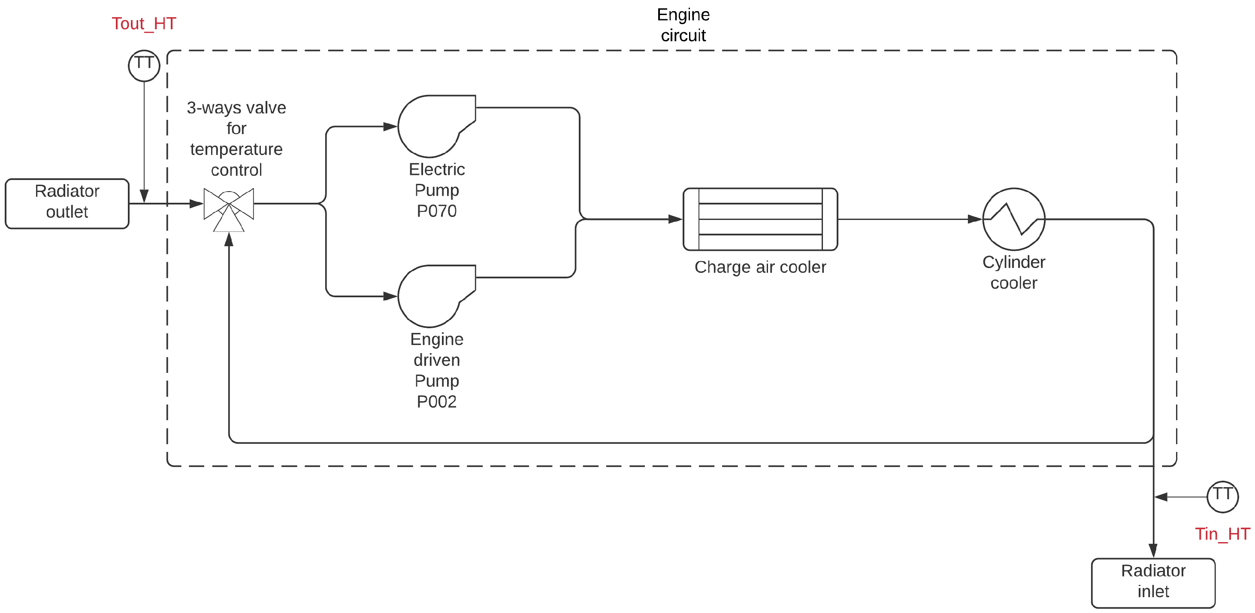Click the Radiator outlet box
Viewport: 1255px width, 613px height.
coord(67,203)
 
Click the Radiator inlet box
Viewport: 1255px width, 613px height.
coord(1153,583)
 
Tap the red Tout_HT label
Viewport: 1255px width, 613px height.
coord(144,23)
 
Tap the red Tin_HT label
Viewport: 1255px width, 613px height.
coord(1222,534)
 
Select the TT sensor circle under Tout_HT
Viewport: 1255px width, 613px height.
coord(144,65)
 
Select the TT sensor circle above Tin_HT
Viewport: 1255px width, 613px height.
coord(1222,497)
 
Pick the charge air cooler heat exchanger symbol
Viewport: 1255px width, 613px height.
coord(760,219)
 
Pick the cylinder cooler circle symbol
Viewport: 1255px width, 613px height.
coord(1013,219)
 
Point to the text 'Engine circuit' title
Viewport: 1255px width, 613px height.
coord(683,25)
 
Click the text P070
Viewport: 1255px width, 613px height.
coord(436,210)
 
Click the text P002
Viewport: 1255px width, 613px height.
coord(436,401)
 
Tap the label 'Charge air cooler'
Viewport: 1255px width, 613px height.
coord(760,267)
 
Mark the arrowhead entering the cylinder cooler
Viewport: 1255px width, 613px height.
coord(974,219)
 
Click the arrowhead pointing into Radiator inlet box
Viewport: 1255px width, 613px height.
coord(1153,551)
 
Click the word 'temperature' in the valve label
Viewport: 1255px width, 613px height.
coord(236,149)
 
